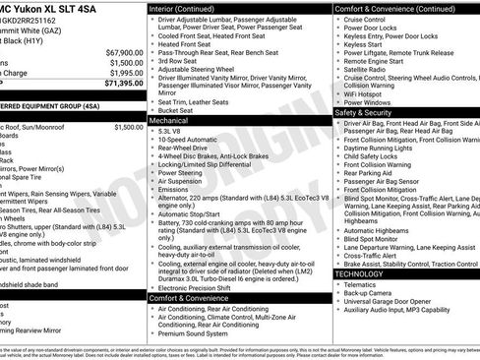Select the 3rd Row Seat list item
pyautogui.click(x=179, y=60)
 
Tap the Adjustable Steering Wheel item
pyautogui.click(x=203, y=71)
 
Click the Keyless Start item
pyautogui.click(x=364, y=44)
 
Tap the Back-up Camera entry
pyautogui.click(x=373, y=293)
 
